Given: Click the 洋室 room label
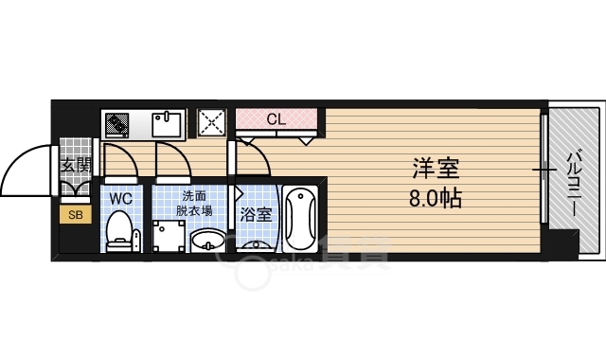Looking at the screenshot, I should [x=435, y=171].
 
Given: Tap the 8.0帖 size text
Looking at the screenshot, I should [x=435, y=200].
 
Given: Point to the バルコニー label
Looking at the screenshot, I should [x=574, y=181].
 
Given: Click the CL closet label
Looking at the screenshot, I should [x=275, y=119].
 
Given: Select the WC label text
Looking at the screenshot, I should [x=120, y=199].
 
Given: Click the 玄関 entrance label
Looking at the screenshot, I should [x=75, y=166].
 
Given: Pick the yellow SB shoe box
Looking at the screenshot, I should [x=74, y=215].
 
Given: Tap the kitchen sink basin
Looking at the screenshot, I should [x=169, y=124].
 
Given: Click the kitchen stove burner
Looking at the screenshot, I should [x=117, y=124].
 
